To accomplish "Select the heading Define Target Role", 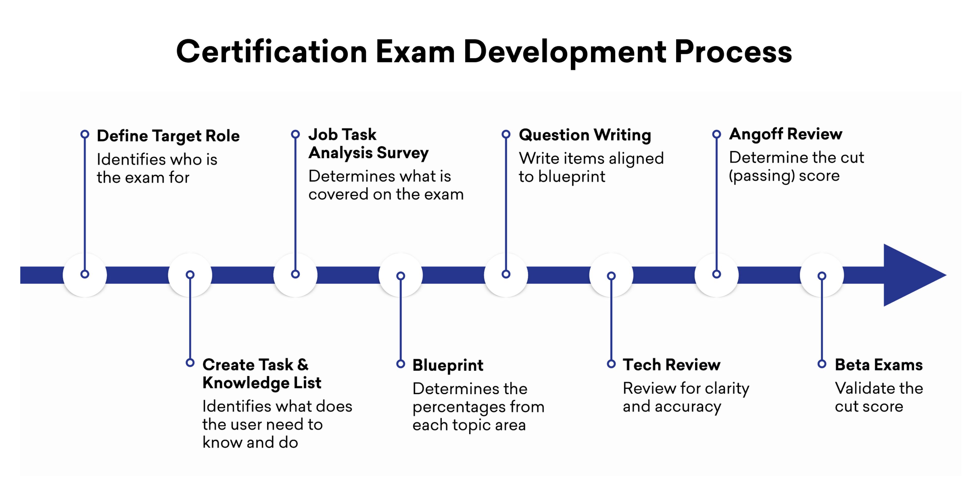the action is point(168,136).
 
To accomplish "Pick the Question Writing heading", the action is point(585,135).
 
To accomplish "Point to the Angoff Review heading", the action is point(785,134).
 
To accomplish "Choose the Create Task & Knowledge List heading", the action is point(262,374).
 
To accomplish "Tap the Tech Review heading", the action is point(672,365).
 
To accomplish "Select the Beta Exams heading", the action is point(879,365).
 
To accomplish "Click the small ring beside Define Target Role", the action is point(85,134).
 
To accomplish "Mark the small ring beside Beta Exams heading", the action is point(822,364).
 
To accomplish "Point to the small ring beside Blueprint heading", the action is point(401,364).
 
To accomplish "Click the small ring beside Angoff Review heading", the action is point(717,134).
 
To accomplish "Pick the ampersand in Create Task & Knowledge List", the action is point(303,365).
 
